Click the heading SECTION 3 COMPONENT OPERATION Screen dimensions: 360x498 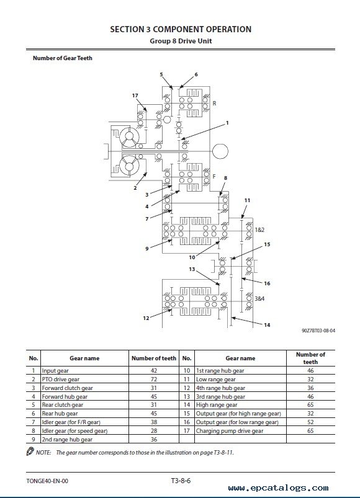point(181,29)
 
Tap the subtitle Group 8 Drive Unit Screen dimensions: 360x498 point(181,41)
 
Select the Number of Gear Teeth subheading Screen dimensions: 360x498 point(63,58)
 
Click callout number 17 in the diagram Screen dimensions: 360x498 point(135,96)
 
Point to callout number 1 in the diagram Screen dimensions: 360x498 point(227,123)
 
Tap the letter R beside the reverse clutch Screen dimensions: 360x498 point(215,103)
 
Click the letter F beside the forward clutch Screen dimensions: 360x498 point(214,176)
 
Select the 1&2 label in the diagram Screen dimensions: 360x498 point(259,229)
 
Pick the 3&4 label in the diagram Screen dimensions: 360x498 point(259,298)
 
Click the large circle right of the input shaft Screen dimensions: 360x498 point(220,151)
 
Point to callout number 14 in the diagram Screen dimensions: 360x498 point(267,325)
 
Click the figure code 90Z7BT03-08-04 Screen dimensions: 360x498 point(318,331)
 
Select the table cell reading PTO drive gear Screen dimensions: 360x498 point(61,379)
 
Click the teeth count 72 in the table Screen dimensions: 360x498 point(154,379)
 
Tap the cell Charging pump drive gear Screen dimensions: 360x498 point(230,430)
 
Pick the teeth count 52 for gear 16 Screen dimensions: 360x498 point(310,422)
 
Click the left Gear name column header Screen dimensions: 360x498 point(84,358)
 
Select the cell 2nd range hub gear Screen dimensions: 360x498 point(67,440)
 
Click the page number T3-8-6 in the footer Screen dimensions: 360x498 point(181,481)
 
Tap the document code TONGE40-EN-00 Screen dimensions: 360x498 point(47,481)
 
